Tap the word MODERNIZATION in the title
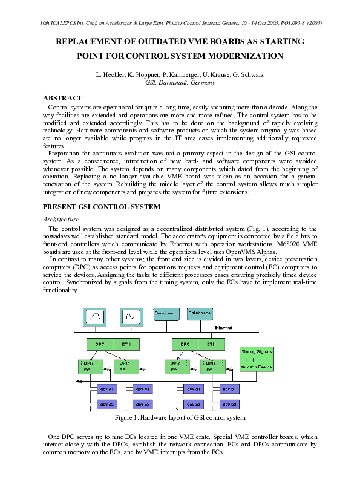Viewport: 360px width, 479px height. click(245, 56)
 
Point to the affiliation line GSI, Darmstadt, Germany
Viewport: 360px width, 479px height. click(180, 83)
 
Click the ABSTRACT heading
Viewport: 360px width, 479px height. click(62, 98)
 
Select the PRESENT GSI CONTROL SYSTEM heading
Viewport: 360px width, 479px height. click(102, 207)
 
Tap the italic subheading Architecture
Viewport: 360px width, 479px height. click(61, 218)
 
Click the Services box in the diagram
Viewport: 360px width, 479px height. click(166, 314)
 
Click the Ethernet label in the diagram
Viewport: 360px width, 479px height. click(223, 328)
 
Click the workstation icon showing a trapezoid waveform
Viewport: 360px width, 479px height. click(94, 316)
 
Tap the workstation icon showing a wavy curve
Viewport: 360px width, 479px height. click(129, 316)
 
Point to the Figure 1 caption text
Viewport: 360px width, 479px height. click(180, 418)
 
